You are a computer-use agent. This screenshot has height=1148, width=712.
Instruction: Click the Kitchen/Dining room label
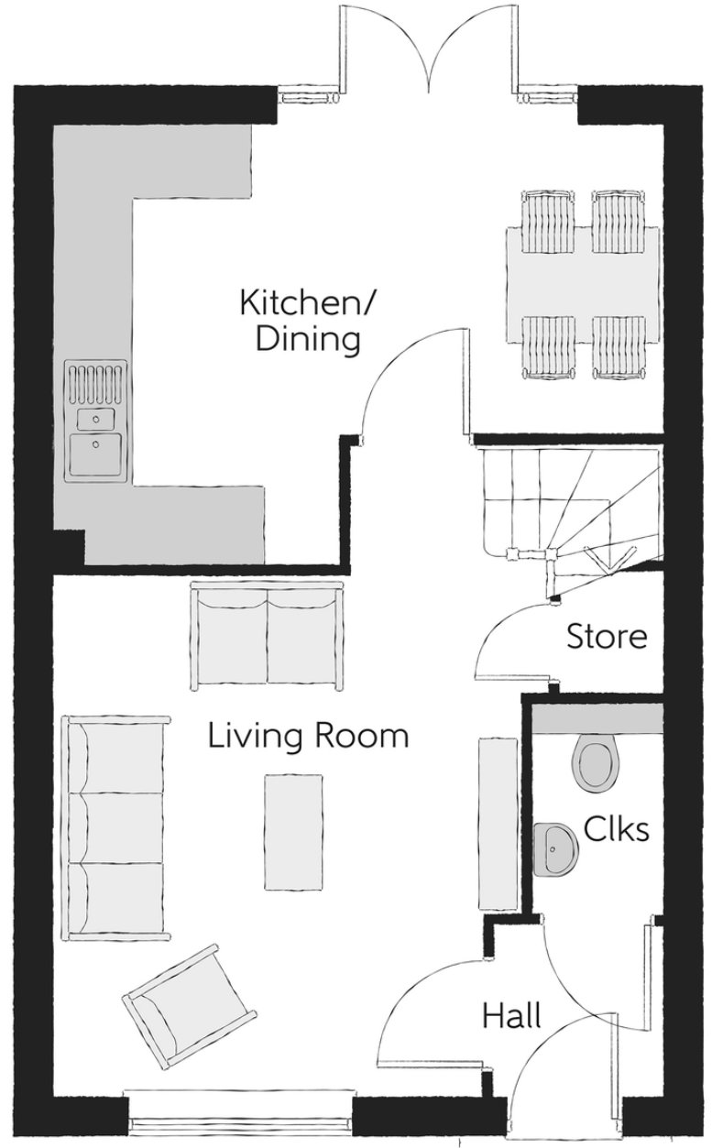point(308,321)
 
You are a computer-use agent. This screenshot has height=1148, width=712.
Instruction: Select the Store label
point(607,636)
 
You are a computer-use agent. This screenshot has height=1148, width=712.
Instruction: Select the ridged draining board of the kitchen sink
point(96,383)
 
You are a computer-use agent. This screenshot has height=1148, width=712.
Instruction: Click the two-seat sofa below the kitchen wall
point(266,637)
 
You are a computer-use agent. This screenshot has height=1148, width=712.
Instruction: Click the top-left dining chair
point(548,222)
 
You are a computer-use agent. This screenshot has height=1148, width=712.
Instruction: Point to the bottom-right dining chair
point(619,348)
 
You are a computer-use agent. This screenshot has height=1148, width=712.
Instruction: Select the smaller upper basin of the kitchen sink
point(96,420)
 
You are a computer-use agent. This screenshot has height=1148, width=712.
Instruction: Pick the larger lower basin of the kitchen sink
point(96,454)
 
